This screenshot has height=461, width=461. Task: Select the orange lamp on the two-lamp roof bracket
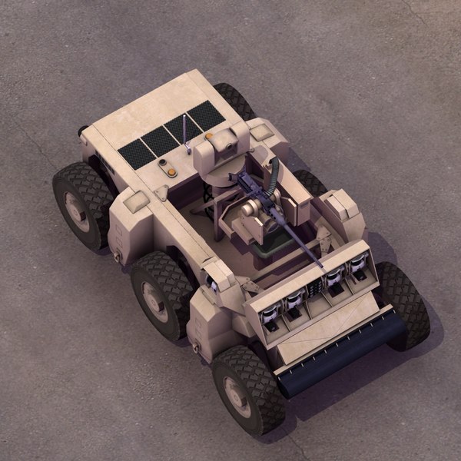tap(171, 172)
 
